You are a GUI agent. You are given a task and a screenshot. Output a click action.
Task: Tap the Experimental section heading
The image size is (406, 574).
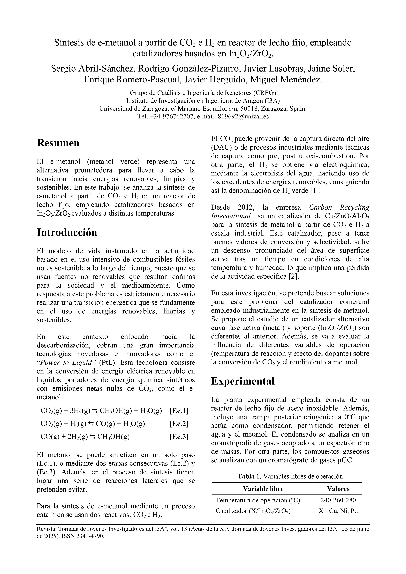243,381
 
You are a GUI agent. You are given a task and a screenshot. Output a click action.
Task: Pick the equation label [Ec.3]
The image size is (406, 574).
179,437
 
